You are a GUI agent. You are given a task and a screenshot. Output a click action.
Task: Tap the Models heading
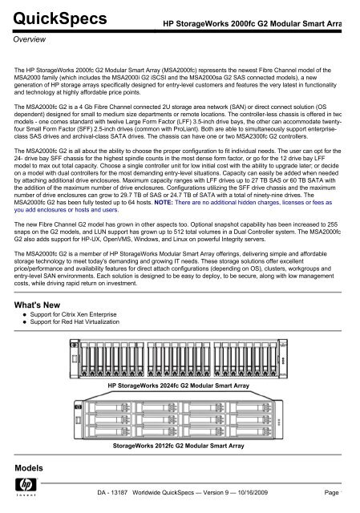(x=28, y=466)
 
